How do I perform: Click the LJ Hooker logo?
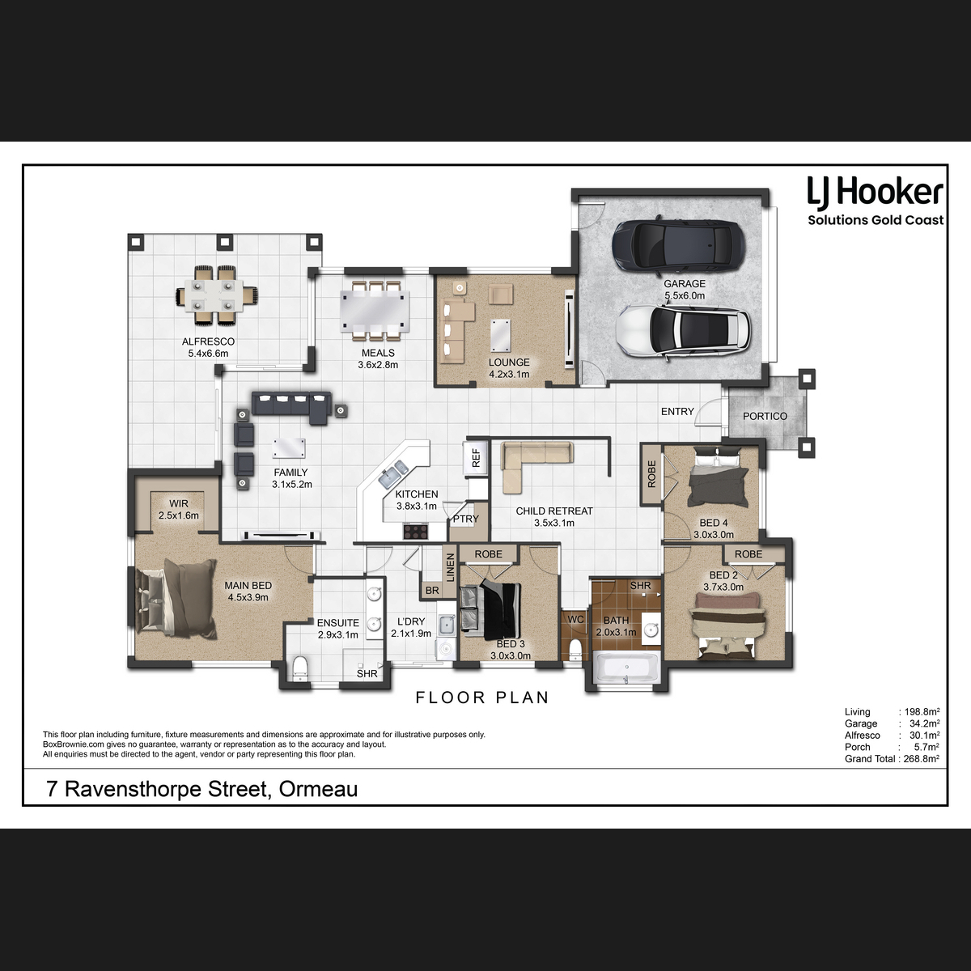(x=876, y=201)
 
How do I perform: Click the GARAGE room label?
(x=685, y=284)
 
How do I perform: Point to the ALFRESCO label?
(x=208, y=341)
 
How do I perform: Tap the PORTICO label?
(x=765, y=416)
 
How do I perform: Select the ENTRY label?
(x=677, y=412)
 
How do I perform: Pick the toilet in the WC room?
(x=575, y=650)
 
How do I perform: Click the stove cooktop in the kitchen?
(x=416, y=531)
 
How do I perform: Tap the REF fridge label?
(x=476, y=458)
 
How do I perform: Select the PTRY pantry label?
(x=465, y=519)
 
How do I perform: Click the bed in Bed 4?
(x=718, y=478)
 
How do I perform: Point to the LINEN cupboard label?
(x=451, y=567)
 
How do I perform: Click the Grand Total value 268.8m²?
(x=921, y=759)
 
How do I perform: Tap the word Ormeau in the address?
(x=318, y=789)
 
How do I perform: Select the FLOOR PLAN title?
(x=482, y=698)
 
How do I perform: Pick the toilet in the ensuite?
(x=299, y=668)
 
